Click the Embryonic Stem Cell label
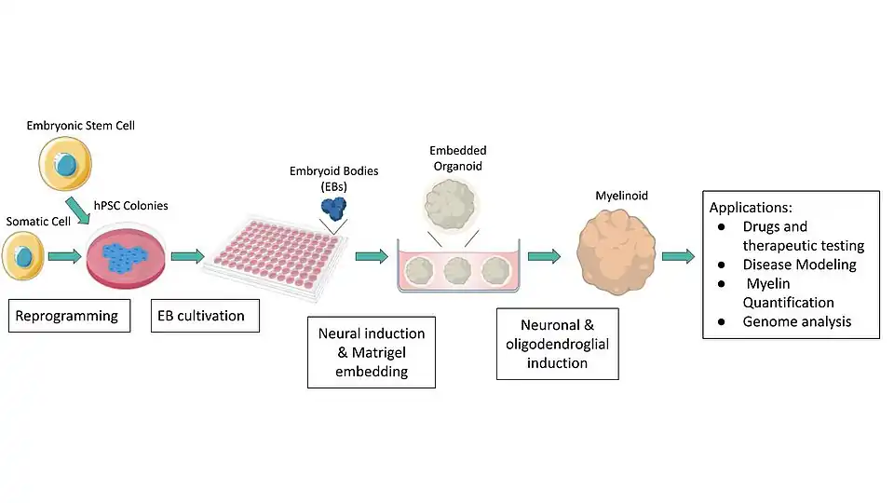tap(81, 126)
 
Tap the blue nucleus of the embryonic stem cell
tap(68, 166)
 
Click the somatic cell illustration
tap(23, 257)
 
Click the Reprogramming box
tap(67, 316)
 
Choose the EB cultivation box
tap(205, 316)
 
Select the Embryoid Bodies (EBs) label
tap(334, 178)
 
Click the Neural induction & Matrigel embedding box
tap(372, 352)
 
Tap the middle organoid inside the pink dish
tap(458, 270)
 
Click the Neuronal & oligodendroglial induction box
tap(557, 344)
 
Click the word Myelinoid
tap(621, 196)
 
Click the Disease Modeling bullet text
tap(799, 265)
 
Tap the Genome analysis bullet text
tap(796, 322)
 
